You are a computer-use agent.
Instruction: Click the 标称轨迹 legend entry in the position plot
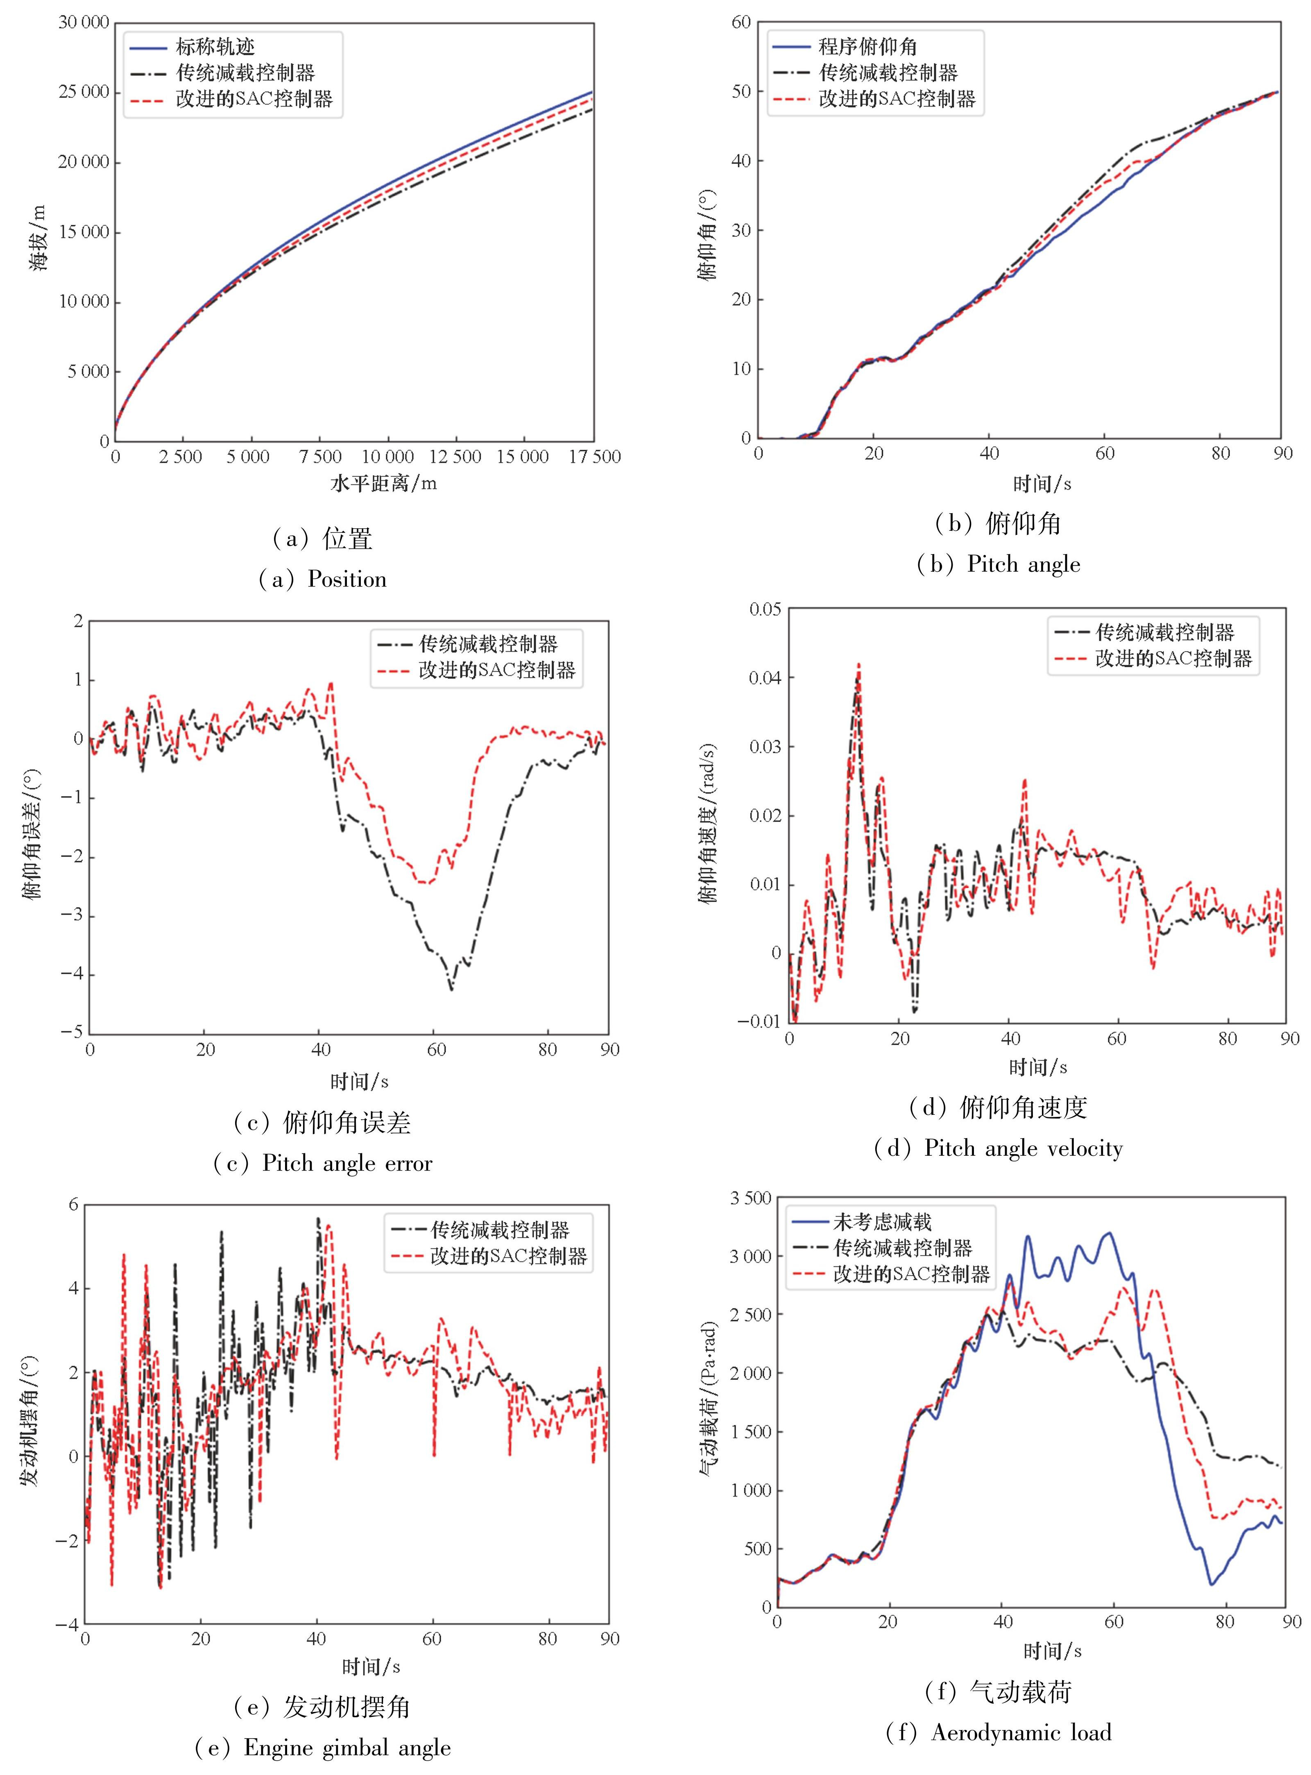tap(214, 47)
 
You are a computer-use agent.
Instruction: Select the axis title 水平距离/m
tap(383, 483)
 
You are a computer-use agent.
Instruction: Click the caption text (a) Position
tap(323, 579)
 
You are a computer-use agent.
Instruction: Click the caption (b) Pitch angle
tap(999, 564)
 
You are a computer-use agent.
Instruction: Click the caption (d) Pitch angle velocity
tap(999, 1148)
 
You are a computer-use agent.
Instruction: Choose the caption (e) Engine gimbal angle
tap(323, 1747)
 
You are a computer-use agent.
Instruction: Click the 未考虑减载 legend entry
tap(882, 1221)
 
